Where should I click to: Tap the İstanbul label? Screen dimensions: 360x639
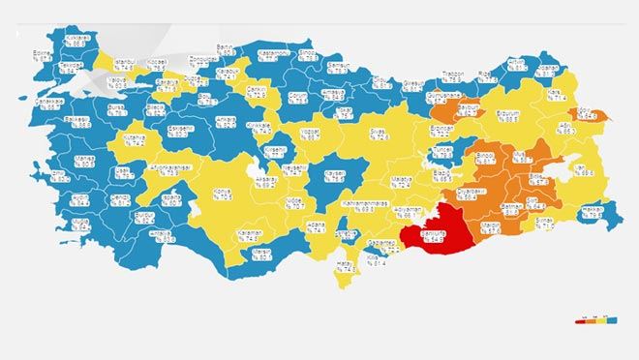pyautogui.click(x=127, y=65)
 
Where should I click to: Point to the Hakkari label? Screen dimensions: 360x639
pyautogui.click(x=593, y=212)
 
